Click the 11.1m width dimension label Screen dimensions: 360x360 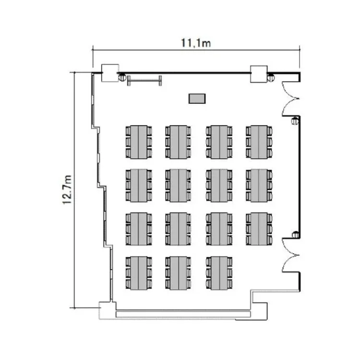[x=196, y=43]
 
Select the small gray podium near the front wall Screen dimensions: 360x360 [x=196, y=99]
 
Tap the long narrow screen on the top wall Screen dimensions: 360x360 [x=144, y=80]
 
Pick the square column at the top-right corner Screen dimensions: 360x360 [x=258, y=73]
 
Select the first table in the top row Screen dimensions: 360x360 [x=139, y=142]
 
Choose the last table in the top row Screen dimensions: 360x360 [x=259, y=142]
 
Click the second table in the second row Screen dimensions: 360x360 [x=179, y=185]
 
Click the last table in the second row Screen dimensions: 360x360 [x=259, y=185]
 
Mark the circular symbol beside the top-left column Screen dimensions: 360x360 [x=122, y=77]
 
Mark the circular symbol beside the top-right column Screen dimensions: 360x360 [x=271, y=77]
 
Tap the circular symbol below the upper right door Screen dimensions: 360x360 [x=295, y=121]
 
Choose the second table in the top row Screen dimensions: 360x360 [x=179, y=142]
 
